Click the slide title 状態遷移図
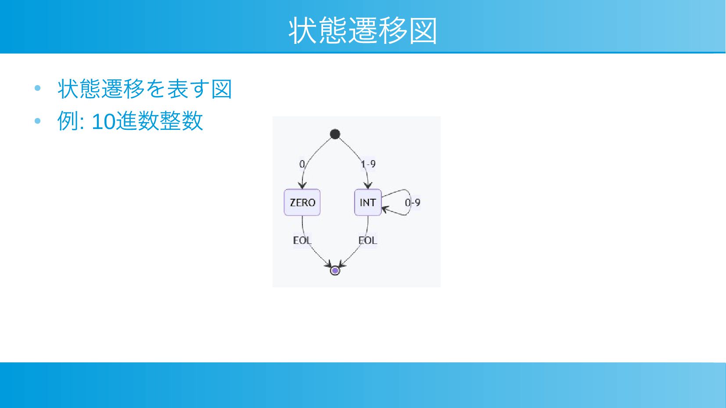[x=363, y=30]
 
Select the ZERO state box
[x=302, y=203]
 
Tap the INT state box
[x=368, y=203]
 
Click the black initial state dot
[x=335, y=134]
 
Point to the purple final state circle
[x=335, y=270]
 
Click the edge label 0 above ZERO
[x=302, y=165]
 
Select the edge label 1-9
[x=368, y=165]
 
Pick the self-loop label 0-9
[x=413, y=203]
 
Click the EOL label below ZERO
[x=302, y=240]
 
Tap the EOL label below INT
[x=368, y=240]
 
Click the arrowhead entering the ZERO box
[x=302, y=186]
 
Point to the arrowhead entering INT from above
[x=368, y=186]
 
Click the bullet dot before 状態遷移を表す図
[x=37, y=88]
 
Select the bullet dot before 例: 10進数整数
[x=37, y=121]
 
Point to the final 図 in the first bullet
[x=222, y=89]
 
